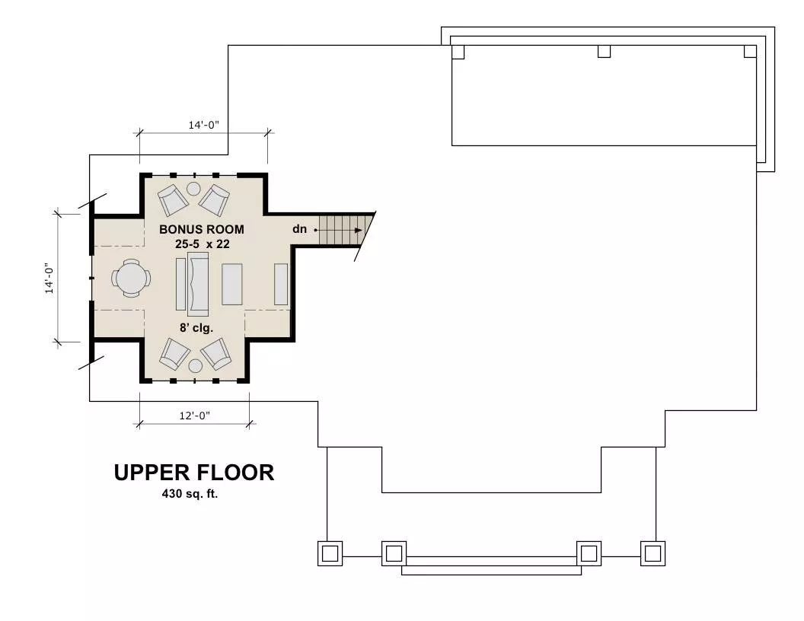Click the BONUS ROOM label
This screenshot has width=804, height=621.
click(202, 229)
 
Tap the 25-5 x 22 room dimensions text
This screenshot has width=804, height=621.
click(202, 244)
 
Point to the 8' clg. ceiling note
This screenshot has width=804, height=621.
click(196, 328)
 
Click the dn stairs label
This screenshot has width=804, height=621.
click(299, 229)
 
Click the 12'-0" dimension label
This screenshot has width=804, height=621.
click(194, 416)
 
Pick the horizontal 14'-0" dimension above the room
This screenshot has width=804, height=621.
click(203, 125)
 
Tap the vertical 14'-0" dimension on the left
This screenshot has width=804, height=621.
click(49, 279)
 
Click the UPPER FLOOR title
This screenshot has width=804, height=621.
click(194, 473)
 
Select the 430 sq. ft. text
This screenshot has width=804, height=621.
click(190, 494)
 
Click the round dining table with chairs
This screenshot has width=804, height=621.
click(131, 279)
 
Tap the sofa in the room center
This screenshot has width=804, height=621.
click(198, 284)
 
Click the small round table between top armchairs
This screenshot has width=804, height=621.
click(193, 189)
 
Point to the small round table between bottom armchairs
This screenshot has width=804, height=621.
click(196, 366)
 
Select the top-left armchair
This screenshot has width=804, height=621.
click(173, 200)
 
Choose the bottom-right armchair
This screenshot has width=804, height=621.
click(216, 353)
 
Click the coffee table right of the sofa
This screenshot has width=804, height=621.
click(231, 285)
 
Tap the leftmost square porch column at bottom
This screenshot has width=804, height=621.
click(330, 553)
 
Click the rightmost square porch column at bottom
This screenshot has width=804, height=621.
click(652, 553)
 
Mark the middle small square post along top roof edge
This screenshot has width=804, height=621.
click(604, 51)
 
